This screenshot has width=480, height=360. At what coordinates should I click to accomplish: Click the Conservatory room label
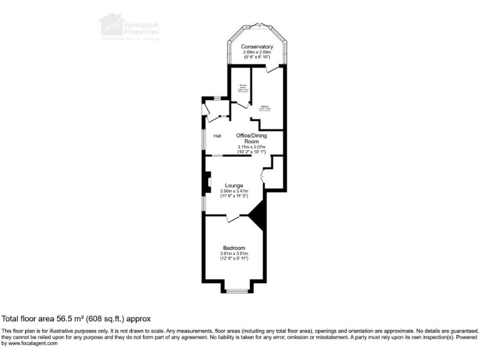[x=257, y=46]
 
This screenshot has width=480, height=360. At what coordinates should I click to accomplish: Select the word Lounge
[x=234, y=186]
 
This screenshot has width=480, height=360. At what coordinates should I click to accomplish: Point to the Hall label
[x=217, y=136]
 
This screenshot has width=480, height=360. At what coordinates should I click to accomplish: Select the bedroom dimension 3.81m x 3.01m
[x=234, y=253]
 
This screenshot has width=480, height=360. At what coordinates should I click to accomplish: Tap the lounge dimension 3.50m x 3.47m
[x=234, y=191]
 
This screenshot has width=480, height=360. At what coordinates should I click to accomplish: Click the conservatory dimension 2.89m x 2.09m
[x=257, y=52]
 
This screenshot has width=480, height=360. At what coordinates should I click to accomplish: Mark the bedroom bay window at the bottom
[x=237, y=291]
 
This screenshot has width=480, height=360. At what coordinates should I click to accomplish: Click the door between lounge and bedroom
[x=232, y=217]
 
